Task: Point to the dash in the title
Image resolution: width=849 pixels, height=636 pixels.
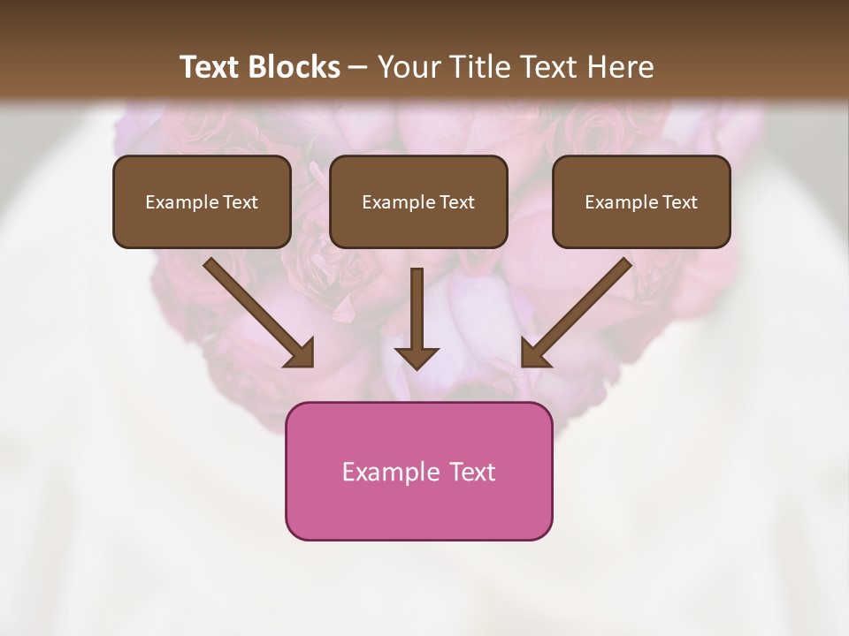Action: (358, 68)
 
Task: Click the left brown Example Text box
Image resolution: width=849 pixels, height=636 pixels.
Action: (202, 201)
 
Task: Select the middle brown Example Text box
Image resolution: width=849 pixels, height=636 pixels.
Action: (418, 201)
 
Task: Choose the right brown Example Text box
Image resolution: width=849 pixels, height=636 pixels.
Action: (641, 201)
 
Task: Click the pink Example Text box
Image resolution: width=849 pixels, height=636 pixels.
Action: (418, 471)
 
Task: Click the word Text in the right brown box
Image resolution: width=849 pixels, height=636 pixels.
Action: (679, 202)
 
